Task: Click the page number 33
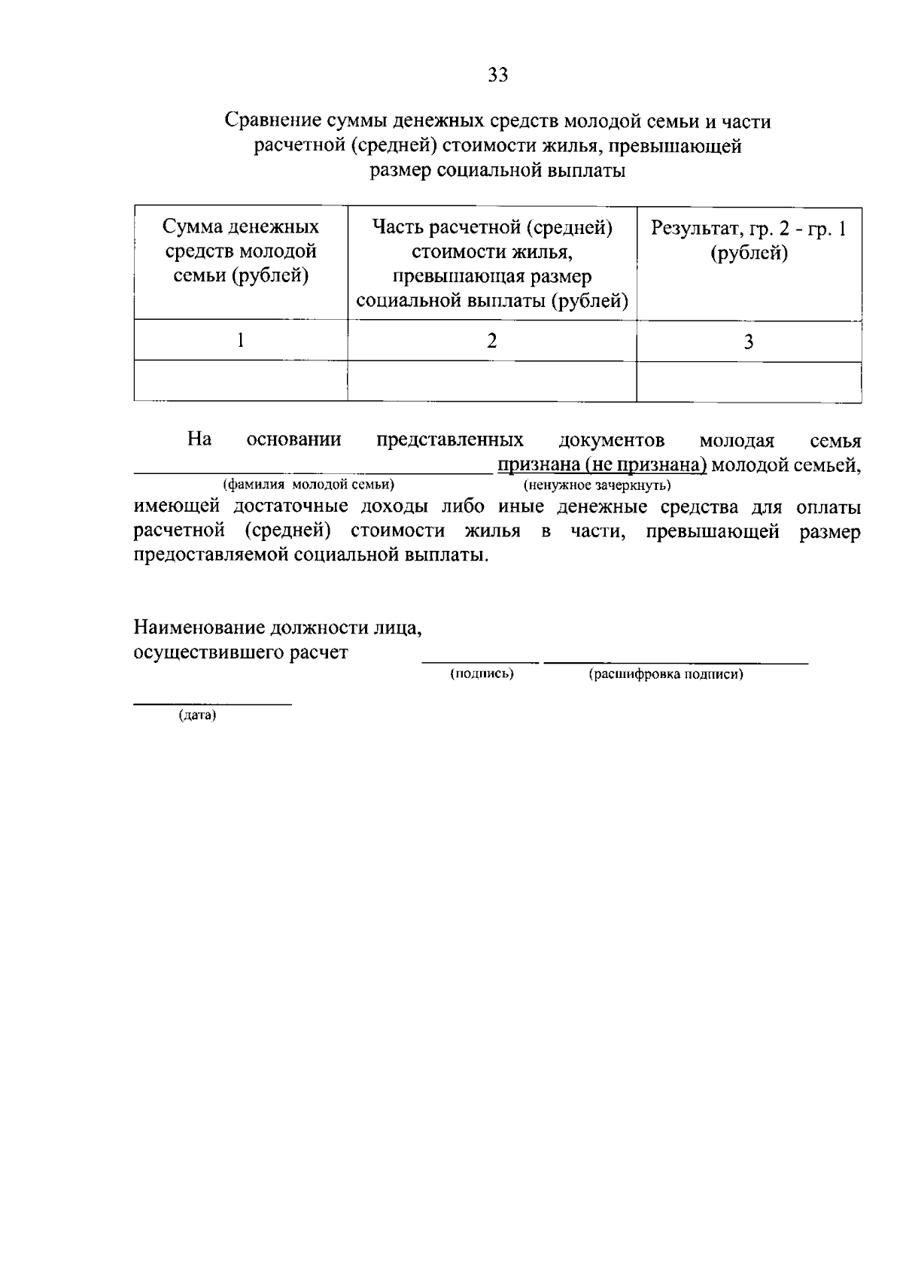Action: tap(498, 74)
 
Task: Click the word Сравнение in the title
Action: tap(271, 121)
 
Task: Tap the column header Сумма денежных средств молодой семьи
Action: tap(241, 251)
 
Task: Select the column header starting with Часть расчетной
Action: tap(492, 264)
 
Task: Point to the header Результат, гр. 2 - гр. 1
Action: tap(749, 240)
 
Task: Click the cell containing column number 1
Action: tap(241, 341)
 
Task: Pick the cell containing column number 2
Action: tap(492, 341)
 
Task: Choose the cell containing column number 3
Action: tap(749, 342)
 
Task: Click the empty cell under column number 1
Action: tap(241, 381)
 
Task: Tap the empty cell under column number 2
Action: tap(492, 381)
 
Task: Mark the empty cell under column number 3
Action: tap(749, 381)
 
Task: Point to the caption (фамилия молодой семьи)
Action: tap(309, 484)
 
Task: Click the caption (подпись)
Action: tap(482, 674)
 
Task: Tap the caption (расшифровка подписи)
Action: tap(666, 674)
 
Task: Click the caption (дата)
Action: tap(197, 716)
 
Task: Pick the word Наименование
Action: tap(199, 627)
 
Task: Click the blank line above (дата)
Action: tap(212, 704)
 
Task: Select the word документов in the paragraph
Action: tap(612, 440)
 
